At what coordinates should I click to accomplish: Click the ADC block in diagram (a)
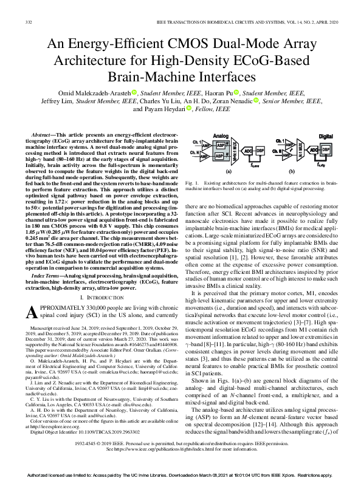tap(247, 149)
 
